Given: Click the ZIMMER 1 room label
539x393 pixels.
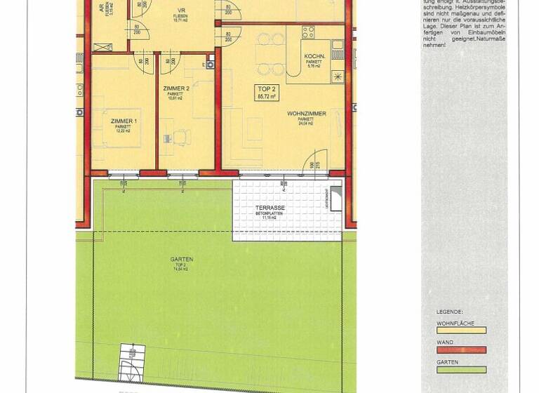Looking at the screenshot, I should pos(124,121).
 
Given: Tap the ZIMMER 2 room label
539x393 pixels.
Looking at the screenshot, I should pos(175,88).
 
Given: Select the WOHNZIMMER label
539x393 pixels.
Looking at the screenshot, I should pos(306,114).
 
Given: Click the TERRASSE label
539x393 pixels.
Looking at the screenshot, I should pos(270,208).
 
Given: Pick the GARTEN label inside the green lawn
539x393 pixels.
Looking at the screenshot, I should pos(181,260).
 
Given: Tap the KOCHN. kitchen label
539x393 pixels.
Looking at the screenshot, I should pos(314,56).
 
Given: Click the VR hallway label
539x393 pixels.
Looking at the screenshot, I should pos(181,11).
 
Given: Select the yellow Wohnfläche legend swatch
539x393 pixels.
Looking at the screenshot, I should pos(461,331).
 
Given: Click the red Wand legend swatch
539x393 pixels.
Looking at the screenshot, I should pos(461,349).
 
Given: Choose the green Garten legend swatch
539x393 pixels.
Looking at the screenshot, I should pos(461,370).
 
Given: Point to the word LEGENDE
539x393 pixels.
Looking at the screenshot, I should pos(449,312).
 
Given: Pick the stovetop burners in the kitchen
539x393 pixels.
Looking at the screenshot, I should pos(307,31).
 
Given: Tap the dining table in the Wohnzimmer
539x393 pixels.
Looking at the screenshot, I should pos(270,54).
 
